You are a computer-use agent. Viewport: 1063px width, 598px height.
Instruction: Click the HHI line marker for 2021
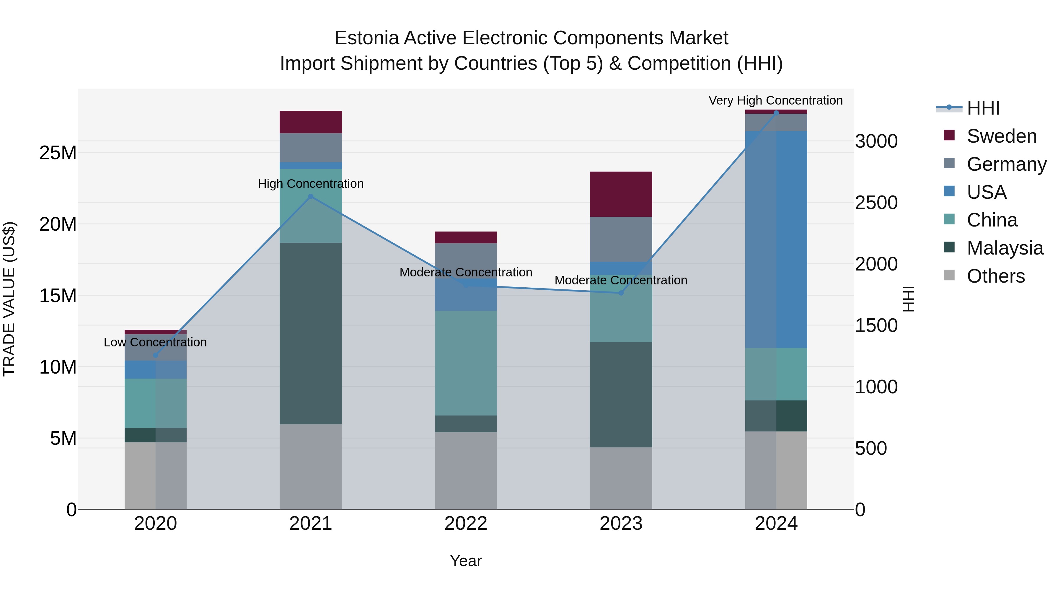point(311,196)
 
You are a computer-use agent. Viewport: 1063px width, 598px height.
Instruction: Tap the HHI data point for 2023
point(621,293)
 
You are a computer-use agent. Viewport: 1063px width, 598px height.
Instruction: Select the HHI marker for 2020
point(156,355)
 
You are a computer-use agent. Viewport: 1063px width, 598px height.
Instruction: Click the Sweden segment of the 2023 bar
point(621,194)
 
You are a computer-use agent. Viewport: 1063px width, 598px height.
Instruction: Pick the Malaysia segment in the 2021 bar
point(311,333)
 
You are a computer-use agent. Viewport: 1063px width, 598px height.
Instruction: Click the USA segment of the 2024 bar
point(776,239)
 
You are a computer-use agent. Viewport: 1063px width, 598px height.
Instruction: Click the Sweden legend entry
point(1002,136)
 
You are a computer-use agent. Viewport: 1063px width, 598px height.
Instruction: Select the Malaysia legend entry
point(1005,248)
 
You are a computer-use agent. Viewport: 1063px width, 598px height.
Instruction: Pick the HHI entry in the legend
point(983,108)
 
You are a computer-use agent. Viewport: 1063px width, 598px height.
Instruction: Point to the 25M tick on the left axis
point(58,153)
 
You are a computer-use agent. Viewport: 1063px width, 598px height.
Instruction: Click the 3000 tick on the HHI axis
point(876,141)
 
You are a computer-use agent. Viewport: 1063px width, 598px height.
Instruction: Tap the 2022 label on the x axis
point(466,524)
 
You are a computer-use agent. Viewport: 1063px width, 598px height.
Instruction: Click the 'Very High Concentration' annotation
point(775,100)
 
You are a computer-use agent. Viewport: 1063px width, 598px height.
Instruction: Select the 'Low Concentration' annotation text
point(155,342)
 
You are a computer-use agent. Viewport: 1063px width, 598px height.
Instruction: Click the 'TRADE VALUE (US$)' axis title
point(9,299)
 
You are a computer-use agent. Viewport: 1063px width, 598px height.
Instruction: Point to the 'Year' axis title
point(466,561)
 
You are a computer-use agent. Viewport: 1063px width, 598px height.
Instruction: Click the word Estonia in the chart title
point(366,38)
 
